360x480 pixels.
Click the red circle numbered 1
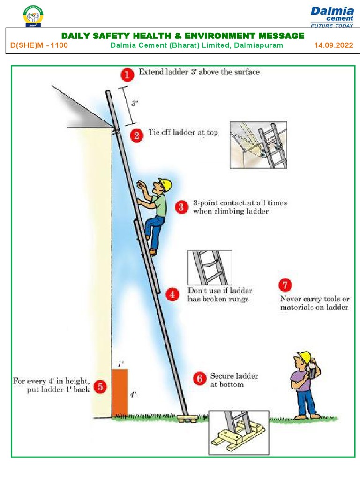click(x=127, y=75)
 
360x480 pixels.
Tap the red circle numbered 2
click(x=136, y=135)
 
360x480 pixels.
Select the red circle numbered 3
click(x=182, y=207)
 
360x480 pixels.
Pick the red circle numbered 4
click(x=172, y=295)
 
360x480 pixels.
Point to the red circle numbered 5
click(x=100, y=386)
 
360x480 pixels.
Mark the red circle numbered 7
click(x=285, y=285)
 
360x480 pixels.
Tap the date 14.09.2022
click(x=334, y=45)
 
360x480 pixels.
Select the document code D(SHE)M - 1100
click(x=39, y=45)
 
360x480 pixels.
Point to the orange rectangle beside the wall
click(x=120, y=392)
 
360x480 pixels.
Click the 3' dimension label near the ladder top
click(x=135, y=104)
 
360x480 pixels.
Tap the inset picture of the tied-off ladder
click(x=258, y=145)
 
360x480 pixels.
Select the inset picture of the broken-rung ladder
click(x=210, y=267)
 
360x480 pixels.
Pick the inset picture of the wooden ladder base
click(x=238, y=431)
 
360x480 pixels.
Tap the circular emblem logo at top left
click(x=32, y=15)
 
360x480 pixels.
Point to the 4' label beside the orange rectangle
click(x=133, y=395)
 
